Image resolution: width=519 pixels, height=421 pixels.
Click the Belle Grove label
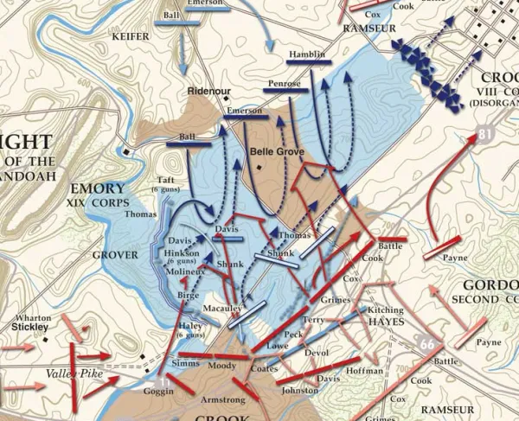pos(272,150)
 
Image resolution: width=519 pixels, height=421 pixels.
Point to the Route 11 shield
pos(165,377)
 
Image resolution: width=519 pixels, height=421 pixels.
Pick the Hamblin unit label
pos(307,55)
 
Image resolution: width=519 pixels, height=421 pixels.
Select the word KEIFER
pos(131,37)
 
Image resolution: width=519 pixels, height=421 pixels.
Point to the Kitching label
pos(384,309)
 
